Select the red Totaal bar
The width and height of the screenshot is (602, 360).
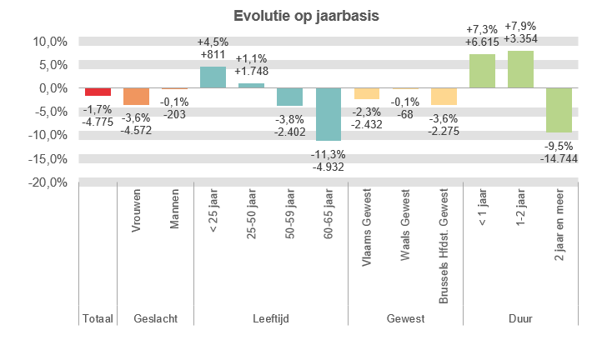[x=98, y=92]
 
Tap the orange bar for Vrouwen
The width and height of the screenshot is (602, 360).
[x=136, y=96]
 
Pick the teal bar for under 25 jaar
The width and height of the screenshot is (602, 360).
[x=213, y=77]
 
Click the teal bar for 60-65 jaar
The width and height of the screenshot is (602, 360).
[x=329, y=114]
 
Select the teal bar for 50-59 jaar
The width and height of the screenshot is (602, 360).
[x=290, y=97]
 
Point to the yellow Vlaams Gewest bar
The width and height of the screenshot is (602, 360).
[x=367, y=93]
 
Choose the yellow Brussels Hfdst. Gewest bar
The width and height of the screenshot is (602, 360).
[x=444, y=96]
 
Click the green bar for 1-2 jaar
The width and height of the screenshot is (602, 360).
[x=520, y=69]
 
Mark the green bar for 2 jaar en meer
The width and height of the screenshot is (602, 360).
[x=559, y=110]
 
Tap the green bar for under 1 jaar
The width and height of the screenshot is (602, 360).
[x=482, y=71]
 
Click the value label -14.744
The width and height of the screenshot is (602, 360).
[x=559, y=157]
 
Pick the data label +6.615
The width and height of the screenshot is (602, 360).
[x=482, y=42]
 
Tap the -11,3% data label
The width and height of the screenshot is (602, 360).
[x=329, y=154]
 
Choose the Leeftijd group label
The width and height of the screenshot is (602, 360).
[x=271, y=319]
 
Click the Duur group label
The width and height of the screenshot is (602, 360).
[x=520, y=319]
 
